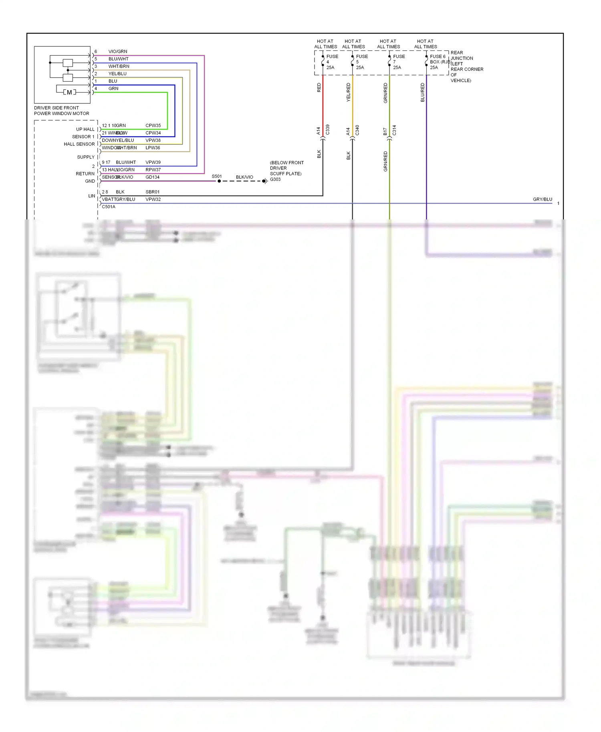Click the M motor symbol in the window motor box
(x=69, y=93)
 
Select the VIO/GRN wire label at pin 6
(x=117, y=52)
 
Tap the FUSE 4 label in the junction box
(x=332, y=57)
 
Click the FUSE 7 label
(x=399, y=57)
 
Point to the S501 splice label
(x=216, y=177)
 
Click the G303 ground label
(x=275, y=179)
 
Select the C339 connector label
(x=327, y=130)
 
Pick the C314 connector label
(x=394, y=130)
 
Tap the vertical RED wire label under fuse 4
(x=319, y=88)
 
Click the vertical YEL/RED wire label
(x=348, y=92)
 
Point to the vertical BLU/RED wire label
(x=422, y=92)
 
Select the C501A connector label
(x=109, y=207)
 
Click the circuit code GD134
(x=152, y=177)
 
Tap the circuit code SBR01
(x=152, y=192)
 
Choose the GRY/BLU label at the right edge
(x=542, y=199)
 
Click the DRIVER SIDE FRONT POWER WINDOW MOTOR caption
(x=61, y=111)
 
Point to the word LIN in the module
(x=92, y=196)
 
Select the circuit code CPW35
(x=153, y=125)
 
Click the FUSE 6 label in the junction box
(x=438, y=56)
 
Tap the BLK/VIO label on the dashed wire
(x=244, y=177)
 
